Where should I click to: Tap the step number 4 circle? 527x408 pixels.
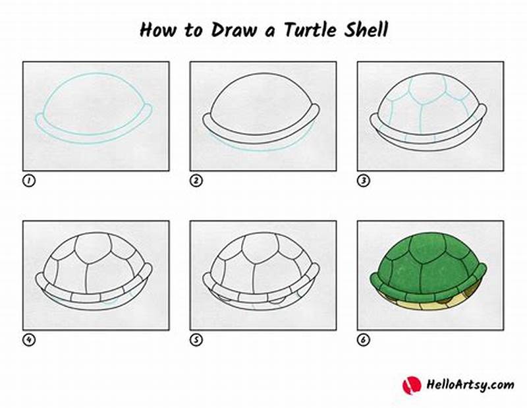pyautogui.click(x=28, y=340)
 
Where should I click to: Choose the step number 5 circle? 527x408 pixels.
pyautogui.click(x=196, y=340)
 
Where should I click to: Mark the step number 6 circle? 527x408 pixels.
pyautogui.click(x=363, y=340)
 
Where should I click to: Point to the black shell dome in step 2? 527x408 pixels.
pyautogui.click(x=260, y=99)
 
